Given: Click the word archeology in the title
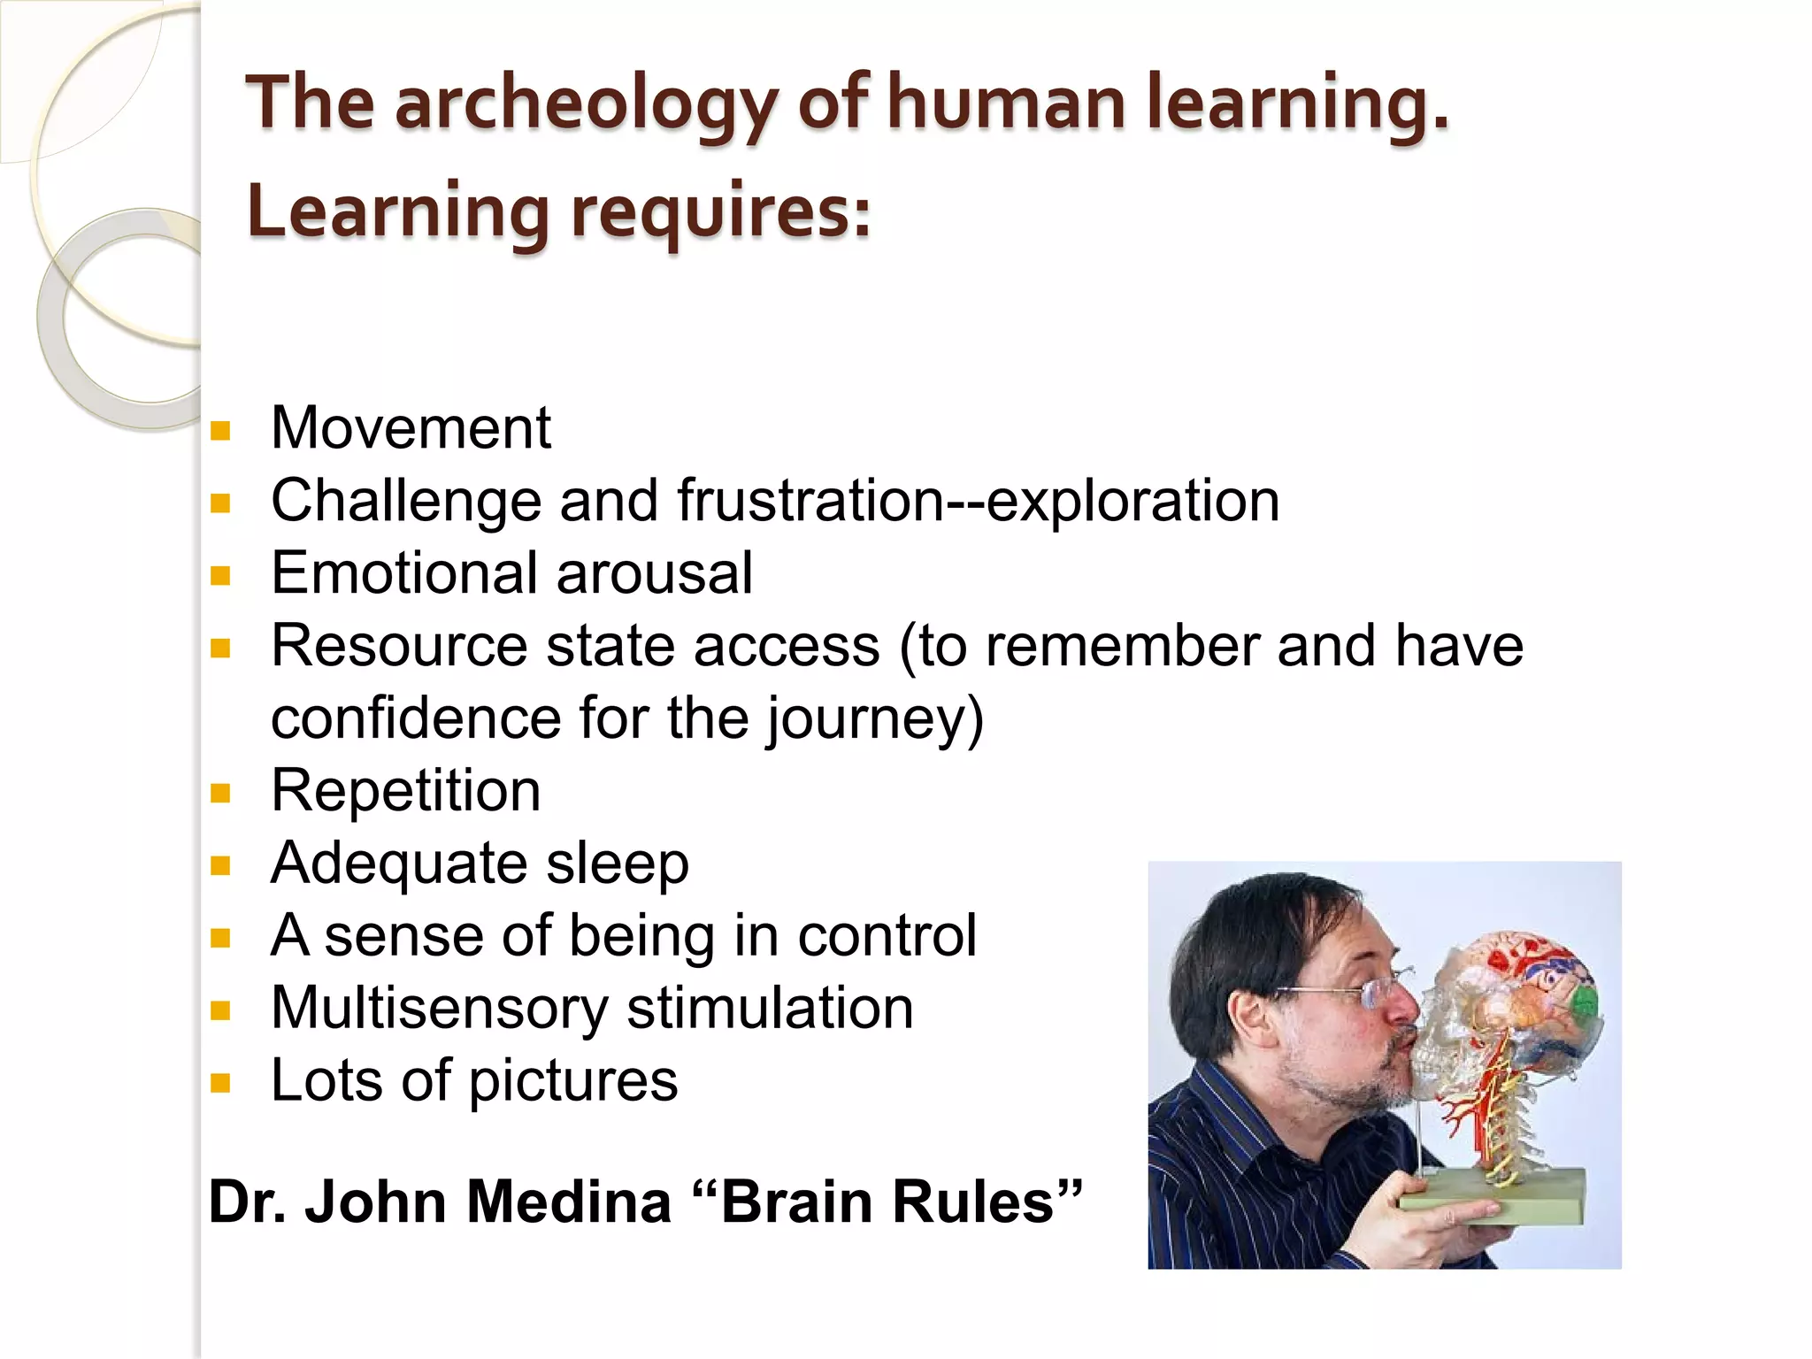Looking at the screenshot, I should coord(586,104).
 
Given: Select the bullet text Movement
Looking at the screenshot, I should coord(411,428).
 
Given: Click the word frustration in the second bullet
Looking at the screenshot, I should coord(811,501).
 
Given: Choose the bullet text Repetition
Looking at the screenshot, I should coord(405,790).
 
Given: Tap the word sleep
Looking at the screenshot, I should coord(617,864).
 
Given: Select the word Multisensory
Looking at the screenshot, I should coord(439,1008).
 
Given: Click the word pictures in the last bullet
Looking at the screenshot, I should coord(572,1081).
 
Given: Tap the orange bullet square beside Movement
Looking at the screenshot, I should coord(220,432).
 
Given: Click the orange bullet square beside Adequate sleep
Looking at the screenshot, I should coord(220,865).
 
